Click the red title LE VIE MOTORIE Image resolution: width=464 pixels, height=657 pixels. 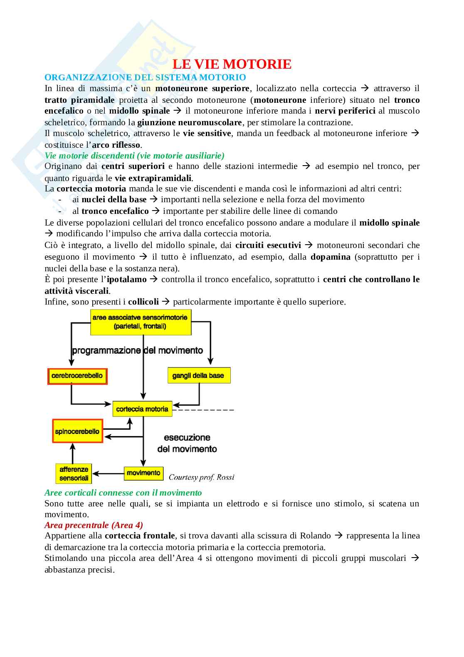pyautogui.click(x=232, y=64)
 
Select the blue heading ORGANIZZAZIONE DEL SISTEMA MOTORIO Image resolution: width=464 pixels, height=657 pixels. pyautogui.click(x=145, y=77)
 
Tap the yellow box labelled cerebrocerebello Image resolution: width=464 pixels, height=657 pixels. pyautogui.click(x=77, y=376)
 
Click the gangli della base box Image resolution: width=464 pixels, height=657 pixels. pyautogui.click(x=198, y=376)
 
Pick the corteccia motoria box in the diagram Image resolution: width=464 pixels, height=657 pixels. pyautogui.click(x=142, y=409)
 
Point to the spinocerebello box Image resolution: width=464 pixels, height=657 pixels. pyautogui.click(x=77, y=431)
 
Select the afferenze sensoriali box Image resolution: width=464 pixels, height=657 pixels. pyautogui.click(x=74, y=474)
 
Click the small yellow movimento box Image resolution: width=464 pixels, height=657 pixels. pyautogui.click(x=143, y=473)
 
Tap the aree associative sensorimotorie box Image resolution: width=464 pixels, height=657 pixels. pyautogui.click(x=141, y=322)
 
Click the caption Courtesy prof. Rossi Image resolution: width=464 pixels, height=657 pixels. pyautogui.click(x=201, y=477)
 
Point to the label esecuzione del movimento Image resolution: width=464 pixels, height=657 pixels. pyautogui.click(x=187, y=443)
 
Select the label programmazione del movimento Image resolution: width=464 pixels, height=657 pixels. pyautogui.click(x=137, y=350)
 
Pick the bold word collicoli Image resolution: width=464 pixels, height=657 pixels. pyautogui.click(x=143, y=302)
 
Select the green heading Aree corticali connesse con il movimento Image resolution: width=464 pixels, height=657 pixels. pyautogui.click(x=123, y=493)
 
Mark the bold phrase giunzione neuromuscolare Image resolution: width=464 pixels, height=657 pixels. pyautogui.click(x=189, y=122)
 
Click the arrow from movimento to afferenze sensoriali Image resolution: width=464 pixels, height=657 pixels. pyautogui.click(x=108, y=473)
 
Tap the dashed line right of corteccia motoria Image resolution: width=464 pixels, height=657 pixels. pyautogui.click(x=204, y=410)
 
